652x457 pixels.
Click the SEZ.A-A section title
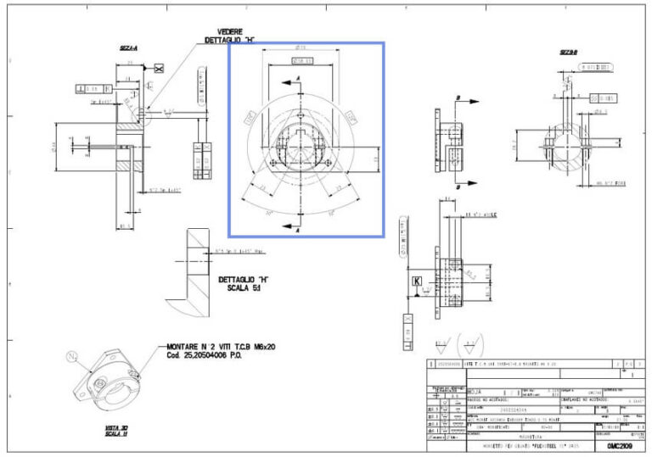[x=130, y=48]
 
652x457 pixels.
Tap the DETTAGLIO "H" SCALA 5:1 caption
[x=244, y=284]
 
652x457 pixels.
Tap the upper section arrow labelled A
[x=297, y=80]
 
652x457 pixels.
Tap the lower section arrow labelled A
[x=297, y=226]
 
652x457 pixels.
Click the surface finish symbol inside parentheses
[x=468, y=346]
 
